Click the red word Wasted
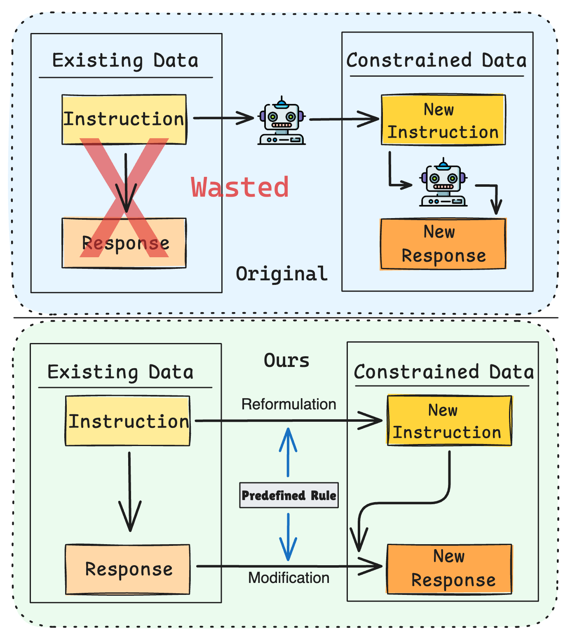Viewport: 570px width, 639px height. (240, 188)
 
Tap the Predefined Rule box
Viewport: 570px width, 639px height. (289, 495)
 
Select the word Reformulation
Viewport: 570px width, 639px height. (289, 404)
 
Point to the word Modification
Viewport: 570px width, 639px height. (289, 578)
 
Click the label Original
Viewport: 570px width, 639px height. (281, 274)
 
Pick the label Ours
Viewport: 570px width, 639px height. (286, 361)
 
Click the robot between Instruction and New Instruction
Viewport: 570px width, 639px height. (281, 121)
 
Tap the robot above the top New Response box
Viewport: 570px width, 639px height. (443, 183)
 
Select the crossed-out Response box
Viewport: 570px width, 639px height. (124, 243)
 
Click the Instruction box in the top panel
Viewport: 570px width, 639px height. (124, 119)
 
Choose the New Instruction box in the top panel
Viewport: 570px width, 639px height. (443, 120)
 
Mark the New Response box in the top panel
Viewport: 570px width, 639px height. (443, 244)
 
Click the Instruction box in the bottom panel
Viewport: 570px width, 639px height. (128, 421)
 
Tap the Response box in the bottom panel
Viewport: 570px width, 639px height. (128, 569)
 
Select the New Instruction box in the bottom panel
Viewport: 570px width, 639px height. (449, 421)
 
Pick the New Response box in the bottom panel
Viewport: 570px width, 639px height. (449, 569)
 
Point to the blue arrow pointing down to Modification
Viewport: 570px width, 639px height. (288, 537)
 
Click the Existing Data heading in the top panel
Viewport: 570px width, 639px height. (125, 61)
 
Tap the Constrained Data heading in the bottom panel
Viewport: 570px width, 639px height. (443, 372)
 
